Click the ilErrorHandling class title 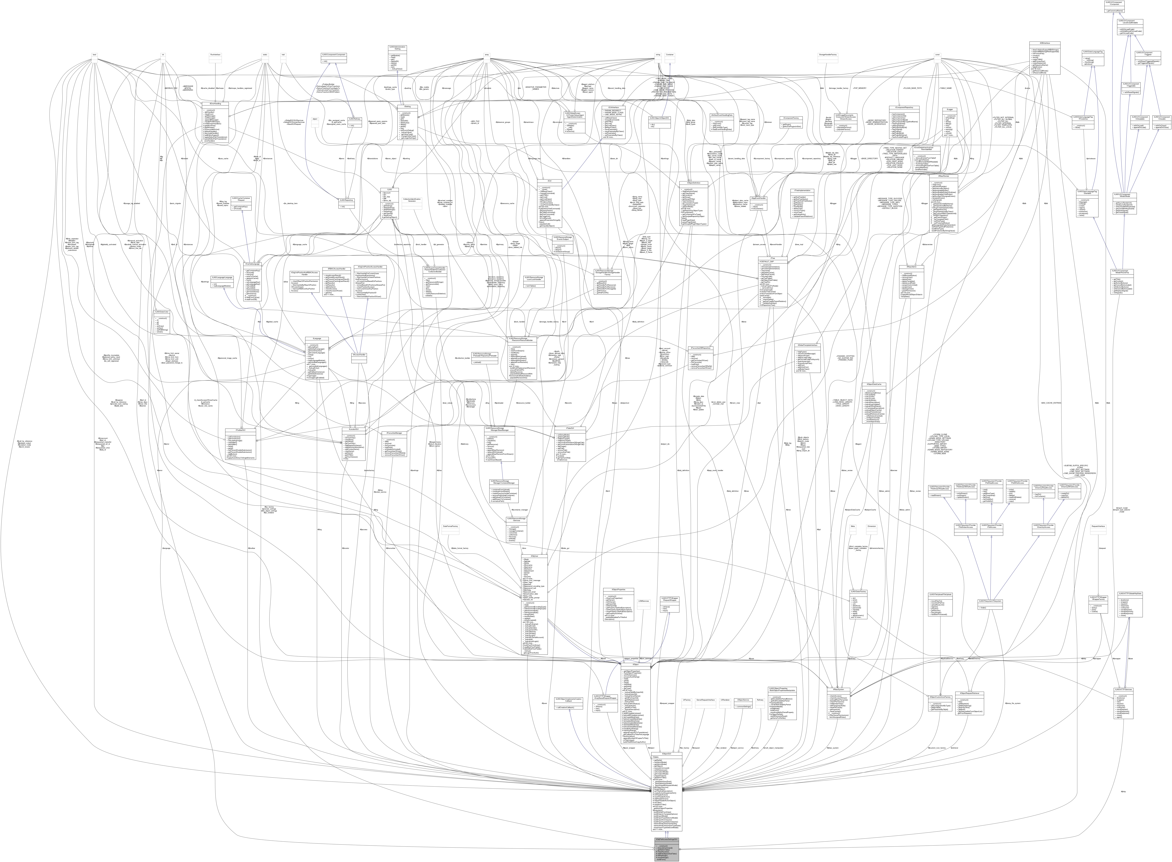click(x=215, y=104)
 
